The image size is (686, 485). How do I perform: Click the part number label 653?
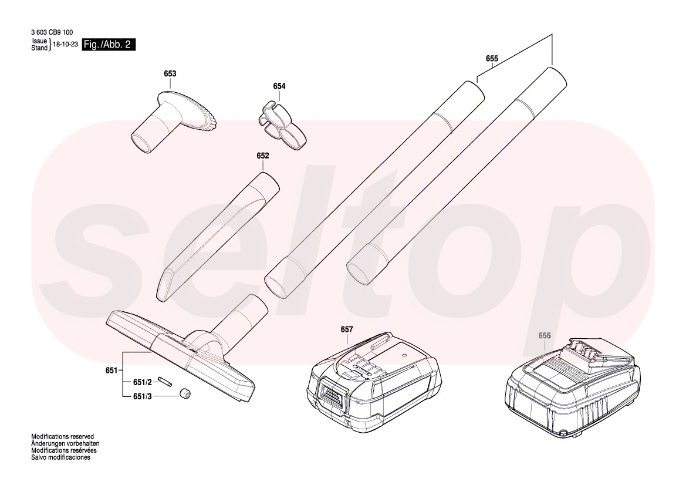pos(170,73)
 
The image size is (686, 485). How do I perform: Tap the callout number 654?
pos(279,86)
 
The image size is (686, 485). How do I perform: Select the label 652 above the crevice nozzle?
pos(263,156)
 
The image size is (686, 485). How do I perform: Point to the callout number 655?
pos(492,58)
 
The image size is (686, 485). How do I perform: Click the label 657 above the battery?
pos(346,329)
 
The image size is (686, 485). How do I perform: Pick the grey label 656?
pos(544,336)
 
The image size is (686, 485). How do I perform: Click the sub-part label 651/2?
pos(142,382)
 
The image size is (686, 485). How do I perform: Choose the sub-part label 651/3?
pos(142,396)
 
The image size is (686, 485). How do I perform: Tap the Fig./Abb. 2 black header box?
pos(109,45)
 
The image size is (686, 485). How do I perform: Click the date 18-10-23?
pos(65,44)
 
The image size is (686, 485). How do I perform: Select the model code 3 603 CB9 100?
pos(52,32)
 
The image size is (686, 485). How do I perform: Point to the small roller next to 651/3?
pos(185,393)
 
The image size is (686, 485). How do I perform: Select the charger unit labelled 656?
pos(573,387)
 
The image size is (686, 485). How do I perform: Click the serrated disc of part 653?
pos(190,112)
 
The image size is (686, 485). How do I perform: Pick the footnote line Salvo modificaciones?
pos(61,457)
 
